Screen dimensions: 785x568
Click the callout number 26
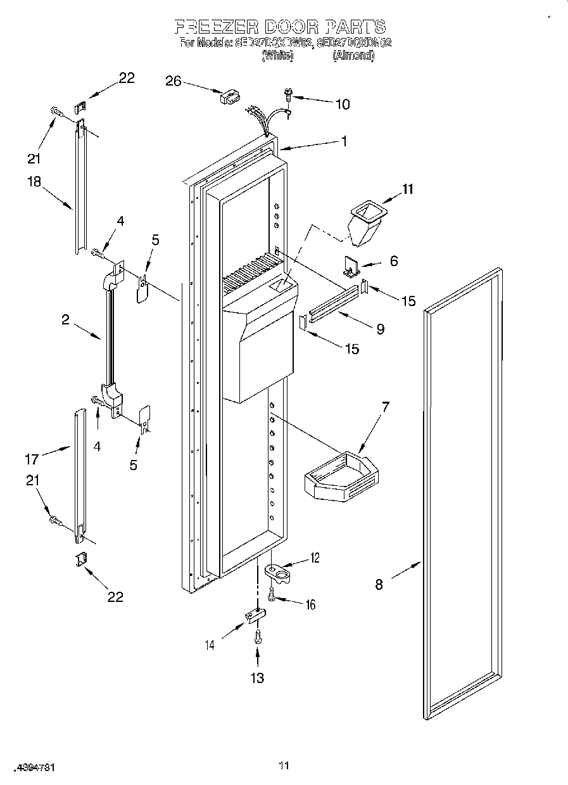tap(173, 80)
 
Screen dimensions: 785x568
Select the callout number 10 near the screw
tap(342, 105)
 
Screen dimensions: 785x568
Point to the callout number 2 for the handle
tap(66, 319)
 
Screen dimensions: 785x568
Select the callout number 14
tap(210, 645)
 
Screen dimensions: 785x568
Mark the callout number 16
tap(310, 604)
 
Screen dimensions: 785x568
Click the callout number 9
tap(380, 329)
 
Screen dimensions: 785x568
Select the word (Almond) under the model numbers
tap(353, 56)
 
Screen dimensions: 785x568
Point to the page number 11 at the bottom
tap(284, 766)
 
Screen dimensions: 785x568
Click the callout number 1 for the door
tap(344, 142)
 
